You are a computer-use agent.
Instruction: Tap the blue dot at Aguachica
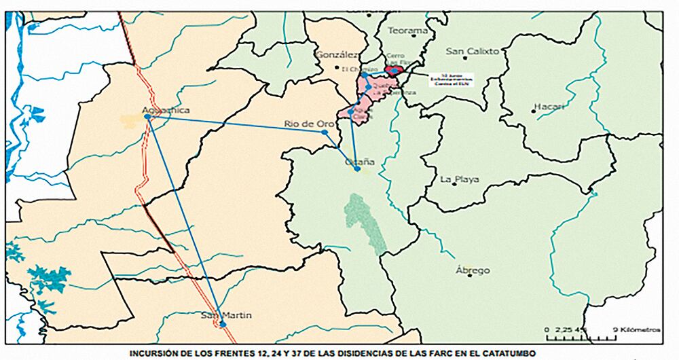[x=147, y=117]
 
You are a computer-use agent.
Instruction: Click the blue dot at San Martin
[x=222, y=325]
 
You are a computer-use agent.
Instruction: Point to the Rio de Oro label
[x=308, y=123]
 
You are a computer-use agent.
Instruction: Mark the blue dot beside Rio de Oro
[x=325, y=132]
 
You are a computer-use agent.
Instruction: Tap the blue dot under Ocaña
[x=357, y=169]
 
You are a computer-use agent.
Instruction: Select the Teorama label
[x=407, y=31]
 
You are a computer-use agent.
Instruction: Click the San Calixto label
[x=472, y=51]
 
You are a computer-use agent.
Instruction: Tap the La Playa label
[x=460, y=179]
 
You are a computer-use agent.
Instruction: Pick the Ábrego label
[x=473, y=270]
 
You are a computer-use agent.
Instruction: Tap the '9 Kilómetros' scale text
[x=636, y=329]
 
